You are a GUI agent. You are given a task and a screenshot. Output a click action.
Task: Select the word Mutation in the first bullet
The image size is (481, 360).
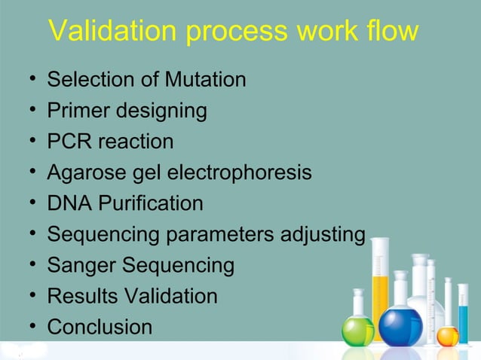click(x=205, y=79)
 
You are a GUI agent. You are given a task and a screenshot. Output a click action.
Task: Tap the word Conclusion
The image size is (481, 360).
click(x=100, y=328)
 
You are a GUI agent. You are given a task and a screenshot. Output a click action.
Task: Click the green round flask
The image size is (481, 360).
click(x=357, y=328)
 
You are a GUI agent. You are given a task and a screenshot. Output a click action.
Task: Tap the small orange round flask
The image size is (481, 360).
click(x=448, y=335)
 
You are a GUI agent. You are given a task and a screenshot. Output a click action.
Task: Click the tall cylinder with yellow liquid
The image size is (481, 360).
click(x=380, y=286)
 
